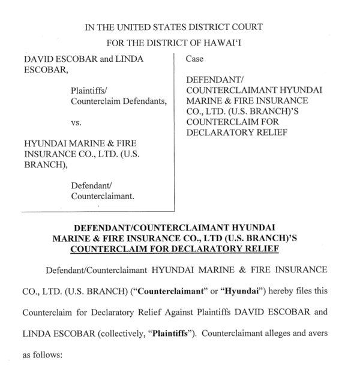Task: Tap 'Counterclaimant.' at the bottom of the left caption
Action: click(x=102, y=196)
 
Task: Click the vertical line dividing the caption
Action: click(x=175, y=132)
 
